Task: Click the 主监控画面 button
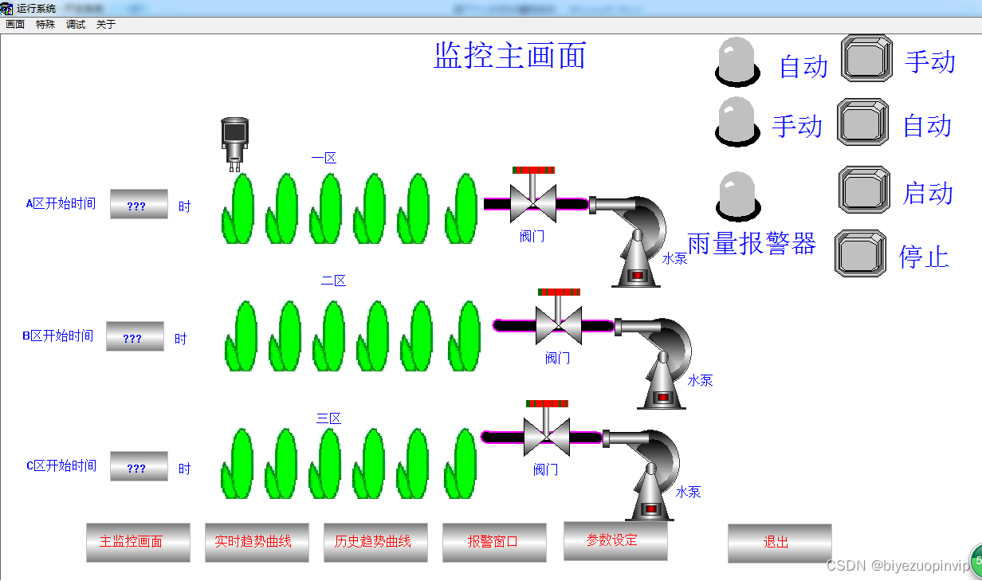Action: pyautogui.click(x=138, y=542)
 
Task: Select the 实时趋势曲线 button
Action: pyautogui.click(x=257, y=542)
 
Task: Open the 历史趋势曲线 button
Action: pyautogui.click(x=375, y=542)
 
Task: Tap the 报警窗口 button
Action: pyautogui.click(x=494, y=542)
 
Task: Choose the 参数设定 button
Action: pyautogui.click(x=615, y=540)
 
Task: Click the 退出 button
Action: pyautogui.click(x=779, y=542)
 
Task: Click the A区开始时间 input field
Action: pyautogui.click(x=139, y=205)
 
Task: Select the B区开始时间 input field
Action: pyautogui.click(x=135, y=337)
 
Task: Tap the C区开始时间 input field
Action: pyautogui.click(x=139, y=467)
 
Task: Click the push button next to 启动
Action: pyautogui.click(x=864, y=190)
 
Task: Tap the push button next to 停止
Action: pyautogui.click(x=861, y=253)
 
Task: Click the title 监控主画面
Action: pyautogui.click(x=510, y=56)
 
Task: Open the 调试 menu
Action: pyautogui.click(x=76, y=25)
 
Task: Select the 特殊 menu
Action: pyautogui.click(x=45, y=25)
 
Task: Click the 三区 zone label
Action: pyautogui.click(x=328, y=418)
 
